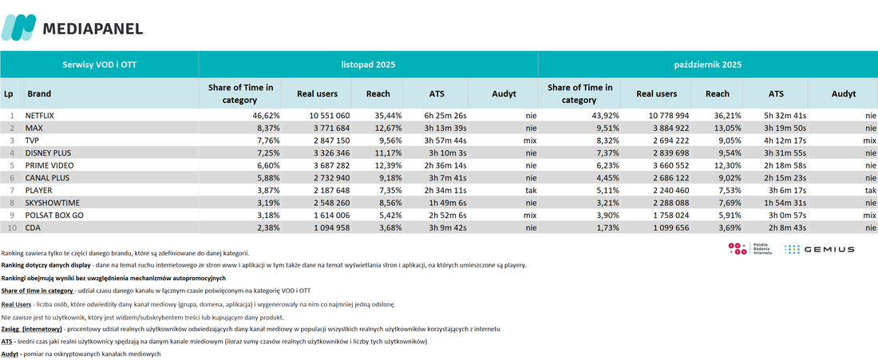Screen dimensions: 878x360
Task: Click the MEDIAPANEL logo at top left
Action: coord(72,27)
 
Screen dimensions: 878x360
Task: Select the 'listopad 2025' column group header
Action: coord(369,65)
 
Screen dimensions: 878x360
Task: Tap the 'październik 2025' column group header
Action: coord(708,65)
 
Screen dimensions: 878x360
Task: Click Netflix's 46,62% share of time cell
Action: coord(267,115)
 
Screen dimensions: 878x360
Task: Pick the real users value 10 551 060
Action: coord(329,115)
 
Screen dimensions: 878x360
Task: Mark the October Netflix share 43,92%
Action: coord(606,115)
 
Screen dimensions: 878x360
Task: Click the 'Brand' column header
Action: coord(38,94)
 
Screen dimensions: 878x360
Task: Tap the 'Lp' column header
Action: coord(9,94)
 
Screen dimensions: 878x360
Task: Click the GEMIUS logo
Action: coord(819,249)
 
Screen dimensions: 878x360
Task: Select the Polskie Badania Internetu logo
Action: coord(750,249)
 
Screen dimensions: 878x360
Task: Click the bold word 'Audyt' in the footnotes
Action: coord(10,354)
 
